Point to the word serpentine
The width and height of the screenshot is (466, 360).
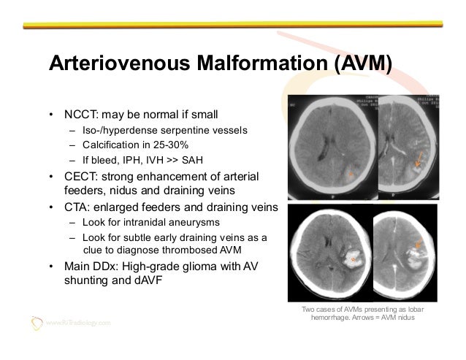(186, 131)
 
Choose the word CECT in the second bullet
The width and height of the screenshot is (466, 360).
(75, 177)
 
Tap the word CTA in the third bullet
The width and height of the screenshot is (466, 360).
(72, 207)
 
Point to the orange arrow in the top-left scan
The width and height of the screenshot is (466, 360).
(351, 174)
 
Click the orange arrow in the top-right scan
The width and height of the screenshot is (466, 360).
(417, 163)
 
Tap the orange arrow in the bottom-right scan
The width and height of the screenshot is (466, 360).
(419, 245)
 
